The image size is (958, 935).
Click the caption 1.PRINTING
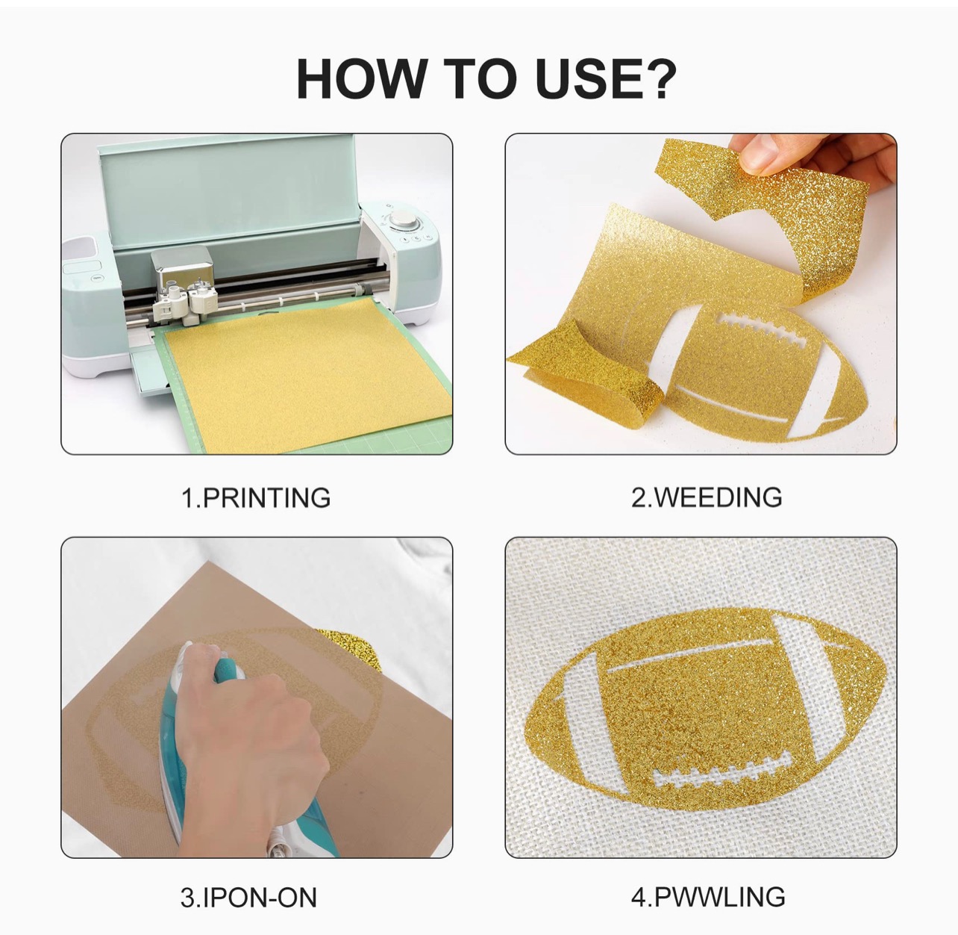tap(256, 497)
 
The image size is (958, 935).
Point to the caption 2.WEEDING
tap(707, 497)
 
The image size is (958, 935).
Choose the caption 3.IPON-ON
tap(248, 898)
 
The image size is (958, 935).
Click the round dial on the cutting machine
tap(403, 219)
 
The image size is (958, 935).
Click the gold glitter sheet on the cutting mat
tap(307, 375)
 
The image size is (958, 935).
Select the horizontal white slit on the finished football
tap(689, 656)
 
